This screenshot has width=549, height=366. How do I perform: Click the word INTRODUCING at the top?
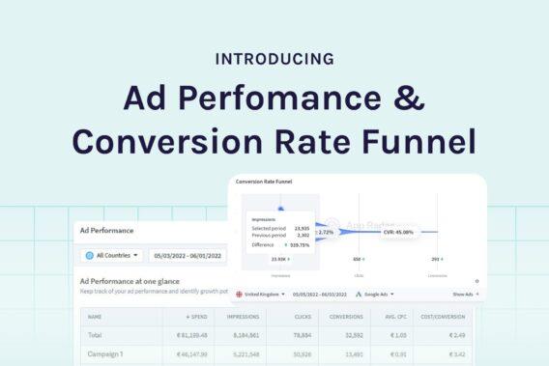(x=274, y=59)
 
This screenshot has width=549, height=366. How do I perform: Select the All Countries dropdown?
(x=112, y=255)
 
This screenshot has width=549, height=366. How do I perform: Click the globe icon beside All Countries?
(x=90, y=255)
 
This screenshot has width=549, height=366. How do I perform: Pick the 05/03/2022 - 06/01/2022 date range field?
(x=188, y=255)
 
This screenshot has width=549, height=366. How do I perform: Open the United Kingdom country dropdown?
(x=265, y=294)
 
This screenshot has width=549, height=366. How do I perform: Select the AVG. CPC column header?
(x=366, y=316)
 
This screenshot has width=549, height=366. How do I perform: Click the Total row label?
(x=95, y=334)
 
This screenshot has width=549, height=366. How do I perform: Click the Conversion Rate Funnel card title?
(x=264, y=182)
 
